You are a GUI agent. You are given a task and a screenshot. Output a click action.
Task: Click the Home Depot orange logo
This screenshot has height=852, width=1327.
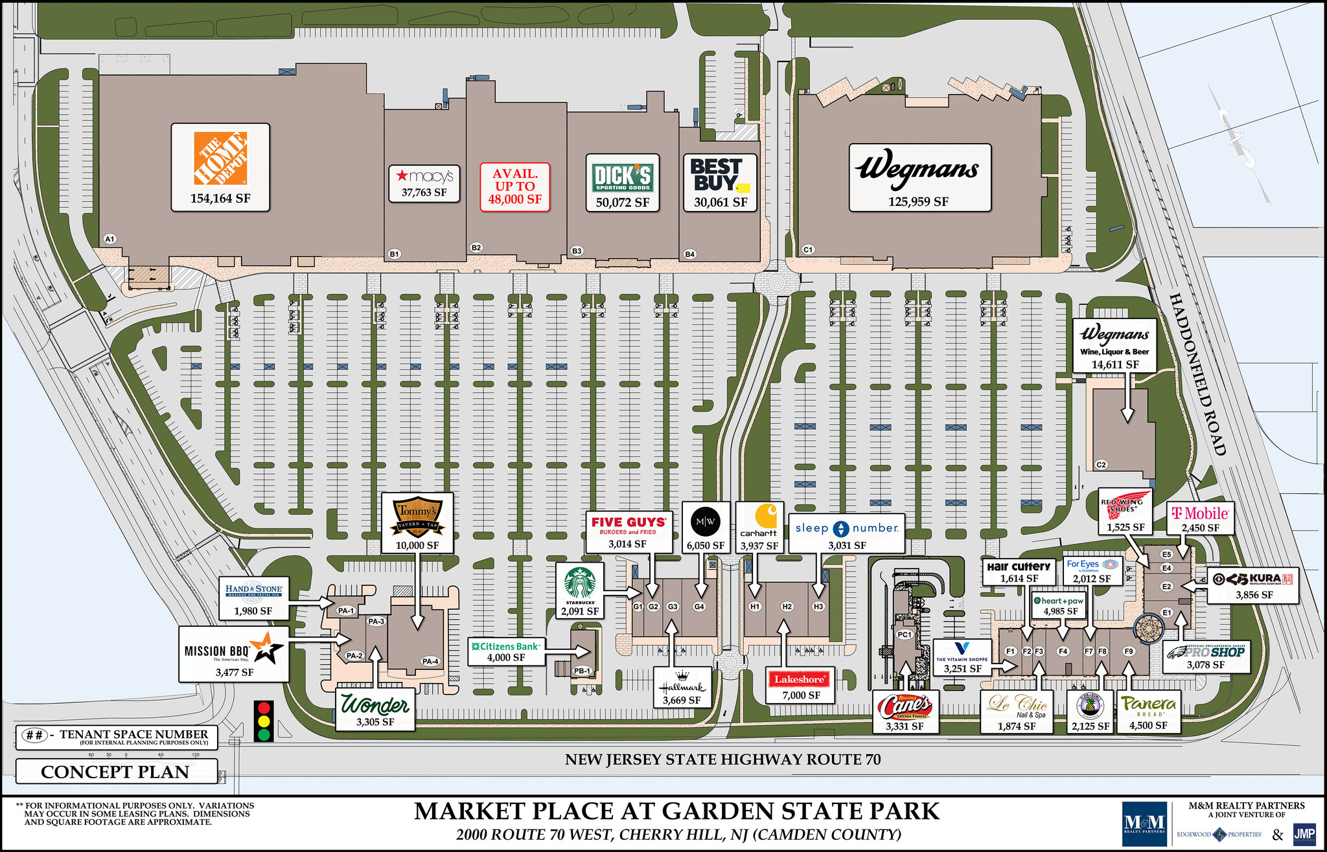point(220,158)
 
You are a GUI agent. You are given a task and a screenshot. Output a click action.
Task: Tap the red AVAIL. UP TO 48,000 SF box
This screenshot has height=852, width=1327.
point(515,187)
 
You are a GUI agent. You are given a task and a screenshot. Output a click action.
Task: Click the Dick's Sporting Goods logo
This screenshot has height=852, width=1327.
point(622,177)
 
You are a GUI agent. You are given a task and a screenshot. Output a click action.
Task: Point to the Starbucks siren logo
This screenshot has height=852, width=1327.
point(580,583)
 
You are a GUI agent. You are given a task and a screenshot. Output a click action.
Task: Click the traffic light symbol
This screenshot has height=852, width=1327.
point(264,721)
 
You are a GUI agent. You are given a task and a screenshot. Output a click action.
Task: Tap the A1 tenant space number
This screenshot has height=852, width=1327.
point(110,239)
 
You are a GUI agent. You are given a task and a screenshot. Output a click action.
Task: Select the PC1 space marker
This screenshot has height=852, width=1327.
point(905,634)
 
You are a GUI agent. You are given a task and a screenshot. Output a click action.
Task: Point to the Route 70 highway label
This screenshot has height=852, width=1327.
point(722,759)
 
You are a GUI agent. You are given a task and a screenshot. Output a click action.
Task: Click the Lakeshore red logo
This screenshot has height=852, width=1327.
point(800,679)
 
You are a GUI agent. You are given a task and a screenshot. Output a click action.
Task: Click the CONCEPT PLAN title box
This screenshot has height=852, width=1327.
point(115,772)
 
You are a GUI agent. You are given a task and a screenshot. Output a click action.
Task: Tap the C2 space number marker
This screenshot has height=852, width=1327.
point(1101,464)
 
